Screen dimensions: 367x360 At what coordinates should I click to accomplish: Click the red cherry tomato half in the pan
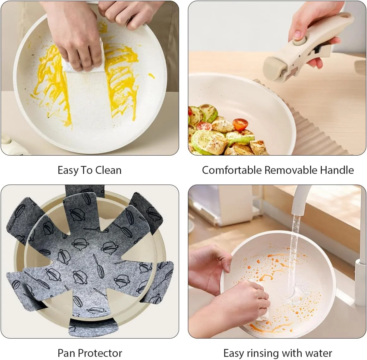click(241, 124)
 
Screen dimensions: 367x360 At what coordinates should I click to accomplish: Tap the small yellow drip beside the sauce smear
click(151, 76)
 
